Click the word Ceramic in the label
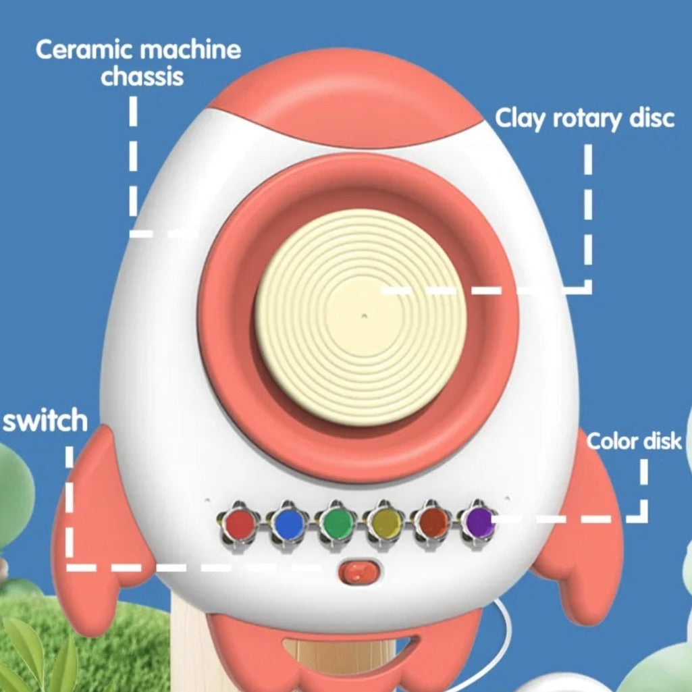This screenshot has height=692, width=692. tap(84, 49)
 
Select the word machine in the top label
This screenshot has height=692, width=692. tap(190, 49)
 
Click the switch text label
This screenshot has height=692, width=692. tap(45, 420)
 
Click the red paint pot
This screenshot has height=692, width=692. tap(239, 524)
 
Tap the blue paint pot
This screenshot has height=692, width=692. tap(288, 524)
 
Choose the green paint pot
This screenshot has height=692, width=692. tap(337, 524)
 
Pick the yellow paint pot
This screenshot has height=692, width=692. tap(385, 524)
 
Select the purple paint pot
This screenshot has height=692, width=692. tap(479, 523)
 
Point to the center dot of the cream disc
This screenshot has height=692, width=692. tap(364, 316)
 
